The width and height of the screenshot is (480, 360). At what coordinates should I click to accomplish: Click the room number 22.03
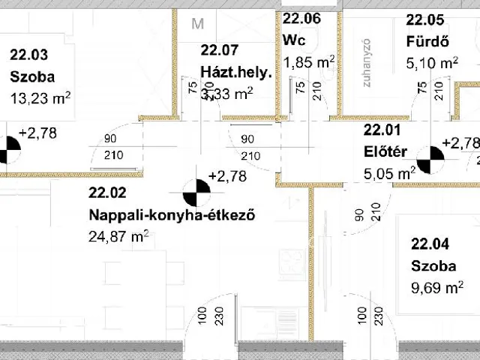[x=28, y=54]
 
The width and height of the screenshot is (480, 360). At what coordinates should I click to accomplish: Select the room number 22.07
[x=219, y=51]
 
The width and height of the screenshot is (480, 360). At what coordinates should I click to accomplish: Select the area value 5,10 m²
[x=431, y=63]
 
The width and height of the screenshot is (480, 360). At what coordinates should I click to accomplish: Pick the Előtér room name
[x=385, y=152]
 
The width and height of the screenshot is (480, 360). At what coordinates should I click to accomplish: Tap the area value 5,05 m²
[x=389, y=174]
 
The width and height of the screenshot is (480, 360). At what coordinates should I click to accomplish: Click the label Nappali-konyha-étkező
[x=172, y=216]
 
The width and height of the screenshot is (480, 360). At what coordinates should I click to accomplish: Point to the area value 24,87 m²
[x=118, y=237]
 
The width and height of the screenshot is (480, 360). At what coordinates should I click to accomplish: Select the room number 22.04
[x=429, y=244]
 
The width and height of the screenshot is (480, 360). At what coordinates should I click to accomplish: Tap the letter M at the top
[x=198, y=23]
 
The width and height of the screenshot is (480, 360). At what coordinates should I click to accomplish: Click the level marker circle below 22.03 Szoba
[x=7, y=149]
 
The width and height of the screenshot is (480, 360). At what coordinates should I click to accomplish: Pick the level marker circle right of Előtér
[x=428, y=160]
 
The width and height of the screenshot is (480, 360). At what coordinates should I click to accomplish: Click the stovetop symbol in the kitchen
[x=292, y=263]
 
